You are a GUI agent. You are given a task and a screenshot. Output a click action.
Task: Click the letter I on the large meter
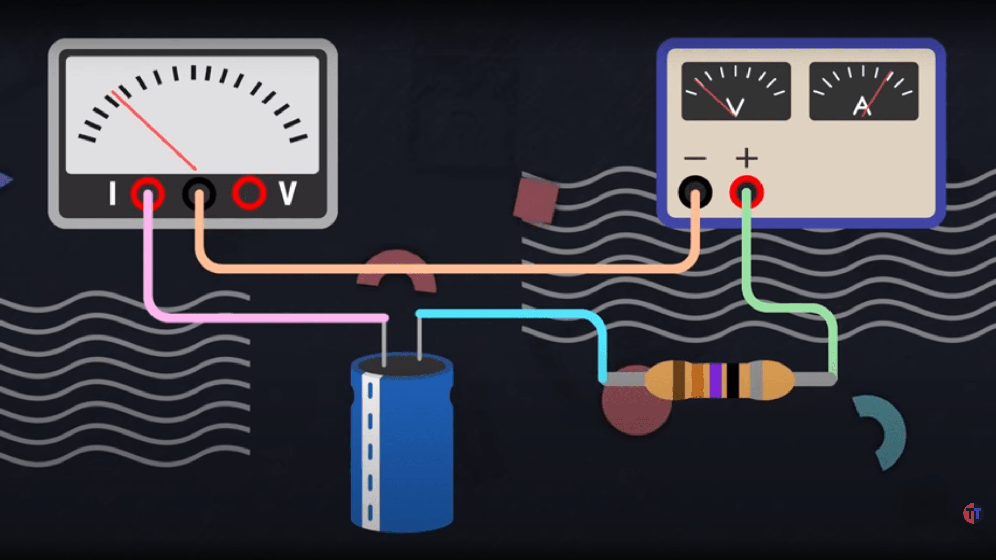112,193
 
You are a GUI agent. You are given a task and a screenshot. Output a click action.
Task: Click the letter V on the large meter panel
288,193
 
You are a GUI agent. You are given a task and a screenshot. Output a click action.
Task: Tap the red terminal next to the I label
148,194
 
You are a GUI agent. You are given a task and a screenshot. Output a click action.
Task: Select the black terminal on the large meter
199,194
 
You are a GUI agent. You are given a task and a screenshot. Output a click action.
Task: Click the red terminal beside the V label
249,193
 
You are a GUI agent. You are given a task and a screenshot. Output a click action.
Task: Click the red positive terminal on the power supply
746,192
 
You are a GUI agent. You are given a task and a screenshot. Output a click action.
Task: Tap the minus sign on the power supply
695,158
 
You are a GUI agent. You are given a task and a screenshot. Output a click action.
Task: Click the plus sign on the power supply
746,158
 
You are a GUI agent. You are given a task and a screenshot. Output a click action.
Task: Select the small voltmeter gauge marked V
736,91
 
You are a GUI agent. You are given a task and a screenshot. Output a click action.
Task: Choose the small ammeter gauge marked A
864,91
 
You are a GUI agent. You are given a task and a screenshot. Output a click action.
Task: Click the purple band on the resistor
716,380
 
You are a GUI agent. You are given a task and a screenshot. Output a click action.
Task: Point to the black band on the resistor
732,380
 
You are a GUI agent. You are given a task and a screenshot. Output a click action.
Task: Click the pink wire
259,317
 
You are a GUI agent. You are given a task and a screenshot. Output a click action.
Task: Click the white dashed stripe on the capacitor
370,451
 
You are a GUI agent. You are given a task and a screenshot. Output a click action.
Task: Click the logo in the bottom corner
972,513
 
